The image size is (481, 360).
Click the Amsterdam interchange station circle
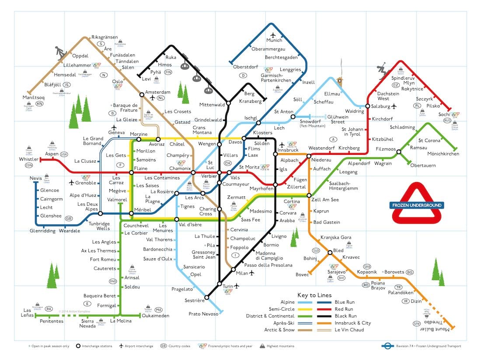[141, 94]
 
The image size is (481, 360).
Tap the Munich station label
[275, 41]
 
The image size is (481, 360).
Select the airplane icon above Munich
[274, 35]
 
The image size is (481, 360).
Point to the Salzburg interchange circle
[368, 106]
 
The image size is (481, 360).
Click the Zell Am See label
[325, 200]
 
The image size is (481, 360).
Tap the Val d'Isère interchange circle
[177, 220]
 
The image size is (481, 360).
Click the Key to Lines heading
[314, 295]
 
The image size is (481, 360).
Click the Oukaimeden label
[154, 315]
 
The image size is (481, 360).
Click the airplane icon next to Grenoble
[72, 182]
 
